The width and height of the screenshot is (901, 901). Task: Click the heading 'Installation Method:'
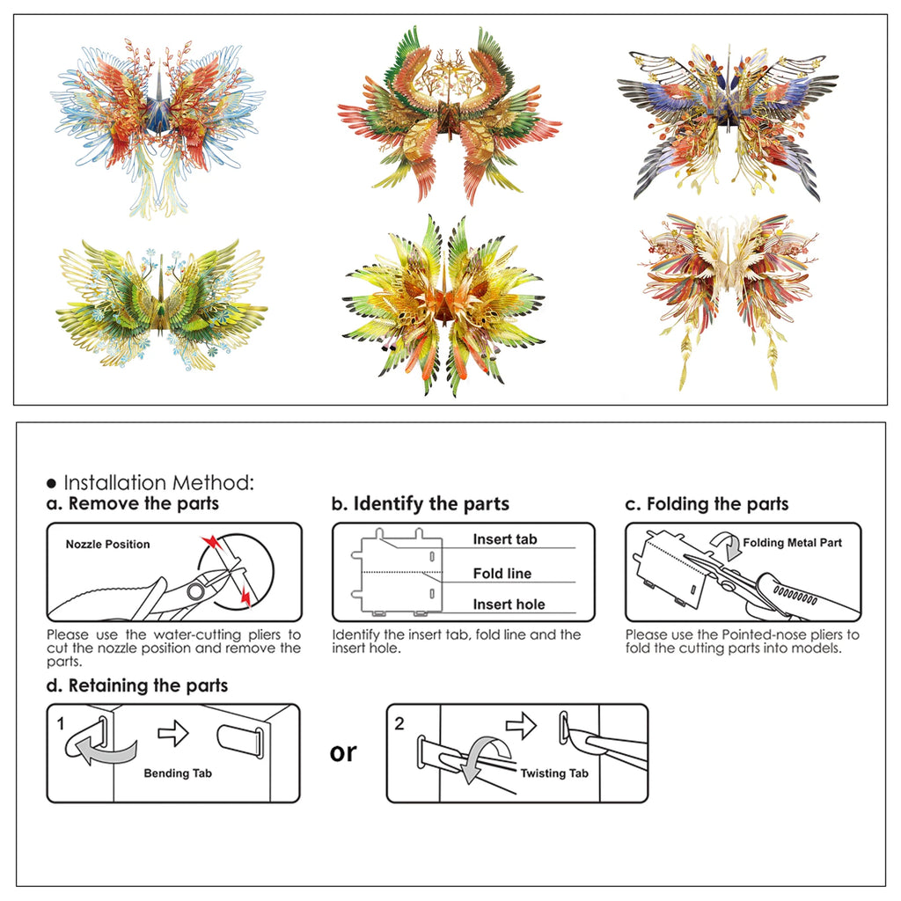tap(158, 483)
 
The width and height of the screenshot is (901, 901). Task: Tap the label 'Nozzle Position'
tap(107, 544)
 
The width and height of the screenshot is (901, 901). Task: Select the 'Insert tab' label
tap(505, 539)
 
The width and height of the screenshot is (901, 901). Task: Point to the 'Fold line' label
tap(502, 574)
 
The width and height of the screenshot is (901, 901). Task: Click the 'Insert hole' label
tap(509, 604)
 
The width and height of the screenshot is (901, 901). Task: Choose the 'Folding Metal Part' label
tap(793, 542)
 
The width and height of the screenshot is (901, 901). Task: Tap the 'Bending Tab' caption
tap(178, 773)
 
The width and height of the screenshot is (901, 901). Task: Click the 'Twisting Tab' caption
tap(554, 773)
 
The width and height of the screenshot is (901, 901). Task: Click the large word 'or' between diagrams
tap(343, 753)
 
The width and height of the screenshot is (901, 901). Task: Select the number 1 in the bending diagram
tap(61, 723)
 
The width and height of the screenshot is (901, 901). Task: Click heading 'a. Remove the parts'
tap(133, 504)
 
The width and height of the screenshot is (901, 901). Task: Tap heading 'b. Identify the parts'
tap(420, 504)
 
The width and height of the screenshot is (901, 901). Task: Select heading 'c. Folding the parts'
tap(707, 504)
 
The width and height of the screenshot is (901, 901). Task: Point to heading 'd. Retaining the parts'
tap(136, 685)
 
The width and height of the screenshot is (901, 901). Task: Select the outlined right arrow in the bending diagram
tap(173, 733)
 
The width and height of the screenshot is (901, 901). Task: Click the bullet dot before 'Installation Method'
tap(52, 484)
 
